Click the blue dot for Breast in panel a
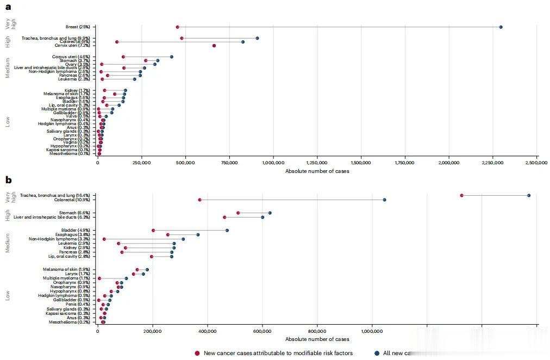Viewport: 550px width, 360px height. coord(501,27)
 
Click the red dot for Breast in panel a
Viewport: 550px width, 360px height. coord(178,27)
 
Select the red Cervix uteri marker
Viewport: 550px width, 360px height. coord(214,46)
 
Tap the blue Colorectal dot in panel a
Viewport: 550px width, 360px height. coord(243,42)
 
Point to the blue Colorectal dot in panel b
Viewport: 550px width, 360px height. coord(384,200)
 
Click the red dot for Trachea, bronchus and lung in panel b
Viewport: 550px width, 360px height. coord(461,195)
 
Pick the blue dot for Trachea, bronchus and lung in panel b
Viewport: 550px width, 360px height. coord(529,195)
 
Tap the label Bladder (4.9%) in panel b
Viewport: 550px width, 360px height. coord(77,230)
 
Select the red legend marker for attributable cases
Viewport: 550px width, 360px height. coord(197,353)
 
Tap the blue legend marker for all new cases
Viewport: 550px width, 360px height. coord(377,353)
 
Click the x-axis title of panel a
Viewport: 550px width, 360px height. coord(317,171)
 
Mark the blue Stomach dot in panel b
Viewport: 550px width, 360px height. coord(270,213)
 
